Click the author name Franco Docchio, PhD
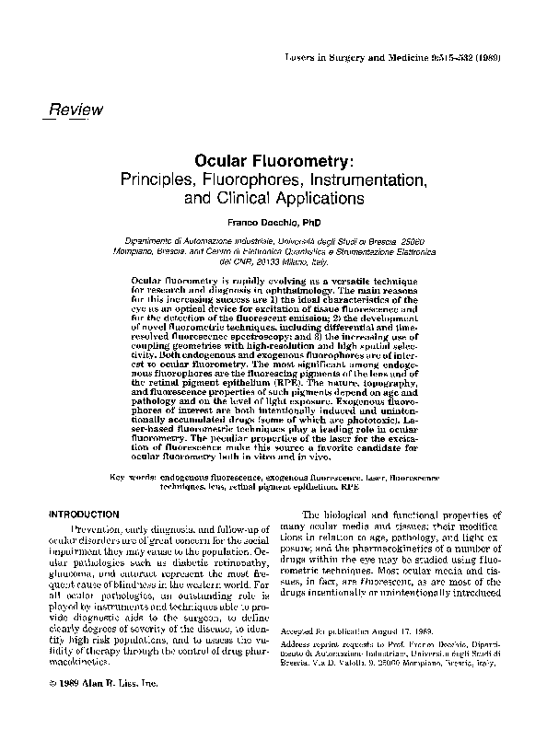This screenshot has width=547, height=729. click(x=274, y=222)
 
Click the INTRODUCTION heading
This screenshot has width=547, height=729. click(x=87, y=514)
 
